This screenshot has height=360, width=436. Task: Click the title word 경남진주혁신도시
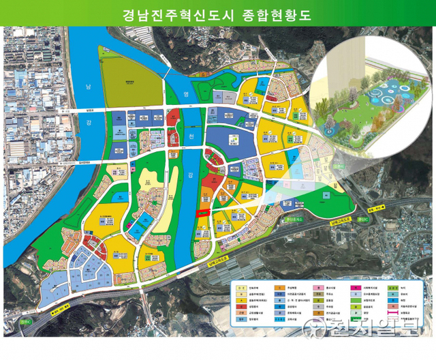[179, 14]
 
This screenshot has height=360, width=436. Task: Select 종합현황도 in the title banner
[276, 14]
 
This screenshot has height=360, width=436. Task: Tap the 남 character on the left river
[106, 87]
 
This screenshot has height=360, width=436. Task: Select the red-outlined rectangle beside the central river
[202, 213]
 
